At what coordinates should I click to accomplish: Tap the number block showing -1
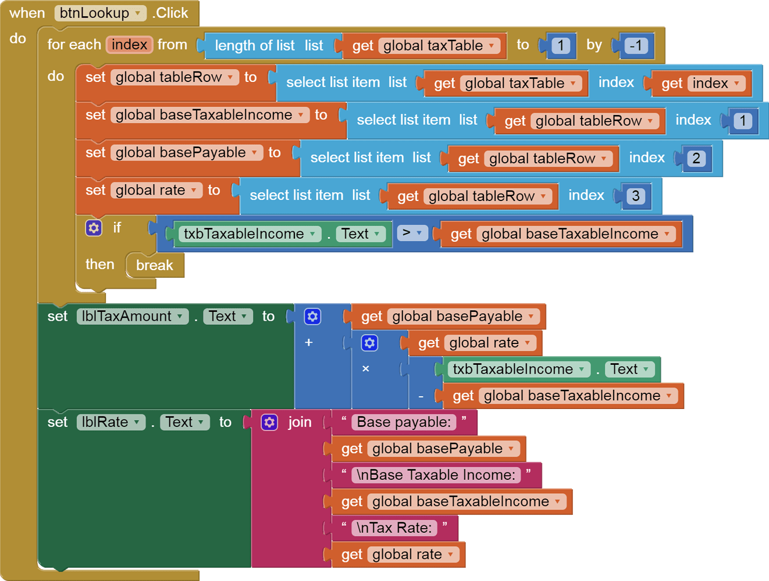coord(636,45)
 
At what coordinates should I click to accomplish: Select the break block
coord(154,265)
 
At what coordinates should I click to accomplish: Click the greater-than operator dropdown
coord(412,233)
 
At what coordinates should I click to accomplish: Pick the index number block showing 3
coord(635,196)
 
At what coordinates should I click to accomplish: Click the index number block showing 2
coord(696,158)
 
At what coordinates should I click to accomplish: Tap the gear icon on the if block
coord(94,228)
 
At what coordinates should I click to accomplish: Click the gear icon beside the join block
coord(269,422)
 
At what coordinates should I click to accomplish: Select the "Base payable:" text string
coord(404,422)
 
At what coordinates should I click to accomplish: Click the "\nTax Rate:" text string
coord(395,528)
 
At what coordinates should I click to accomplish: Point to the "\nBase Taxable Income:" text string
coord(436,475)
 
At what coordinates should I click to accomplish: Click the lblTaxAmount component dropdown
coord(133,316)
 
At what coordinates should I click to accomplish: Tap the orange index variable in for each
coord(129,45)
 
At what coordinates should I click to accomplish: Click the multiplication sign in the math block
coord(365,368)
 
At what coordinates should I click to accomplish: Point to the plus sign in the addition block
coord(309,342)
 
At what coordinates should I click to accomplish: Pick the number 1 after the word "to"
coord(560,45)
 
